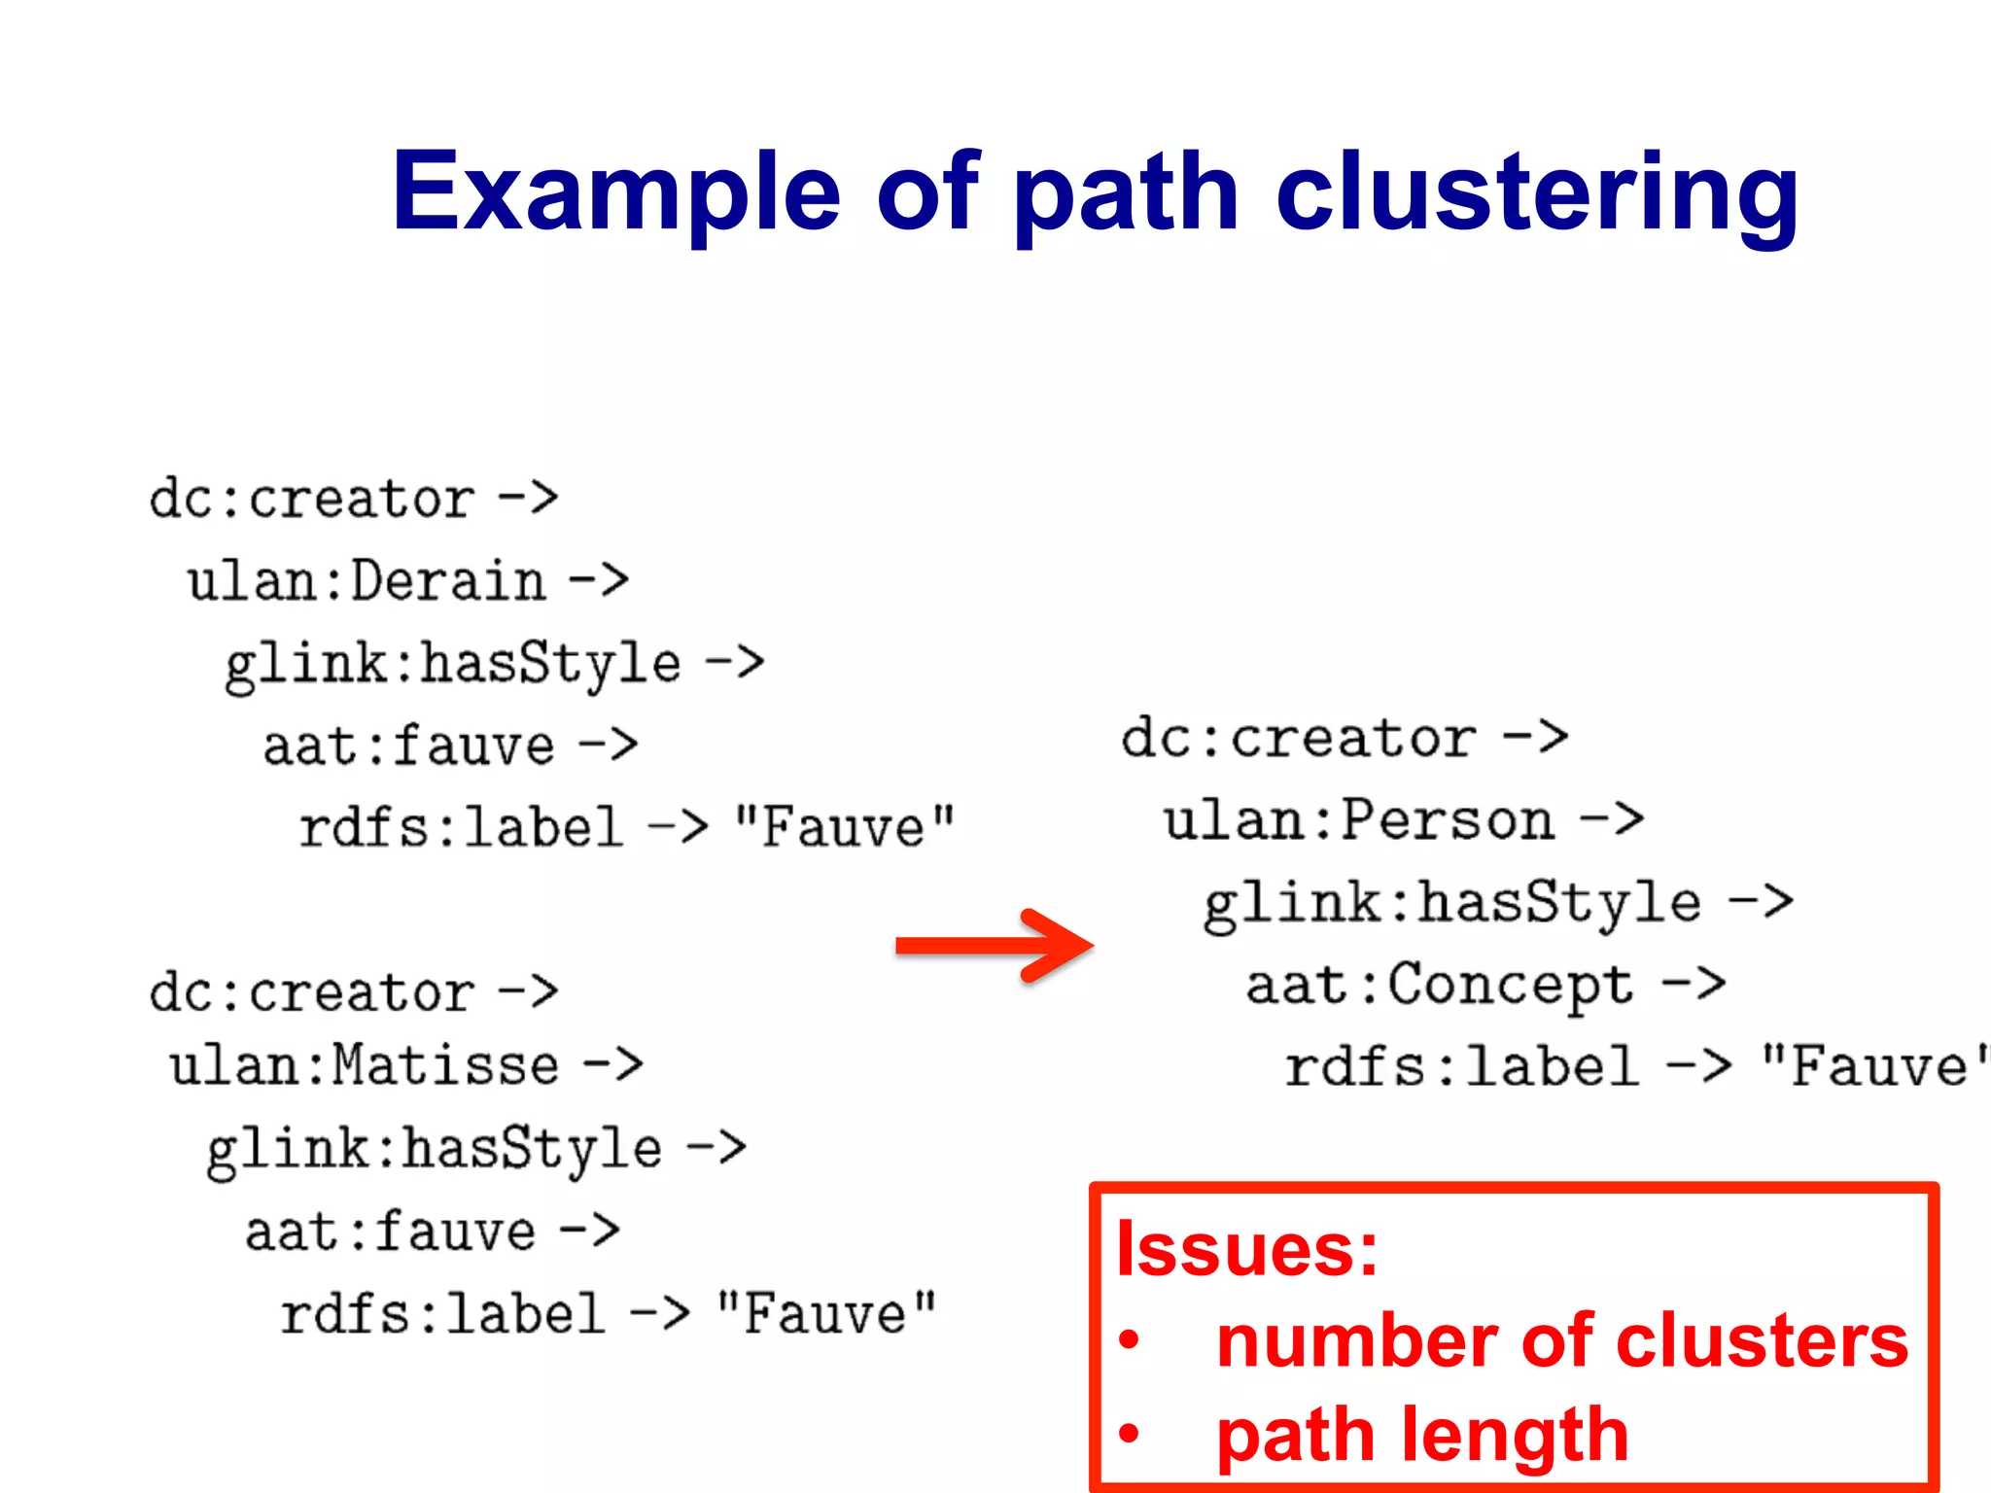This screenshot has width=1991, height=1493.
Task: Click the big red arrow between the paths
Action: [x=995, y=946]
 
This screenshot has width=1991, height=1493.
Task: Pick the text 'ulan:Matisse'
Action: [x=365, y=1065]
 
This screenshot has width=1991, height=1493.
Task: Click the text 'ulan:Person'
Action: [x=1358, y=820]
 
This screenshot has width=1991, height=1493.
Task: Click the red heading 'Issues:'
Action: [x=1247, y=1249]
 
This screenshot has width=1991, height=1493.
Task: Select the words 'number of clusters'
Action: [x=1562, y=1341]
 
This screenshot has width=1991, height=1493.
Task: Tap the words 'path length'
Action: [x=1422, y=1435]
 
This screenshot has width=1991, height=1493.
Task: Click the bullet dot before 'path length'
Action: [x=1129, y=1434]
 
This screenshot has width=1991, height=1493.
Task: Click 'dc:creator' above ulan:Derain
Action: [x=311, y=500]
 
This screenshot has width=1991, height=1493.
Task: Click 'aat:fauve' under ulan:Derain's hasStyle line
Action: [x=408, y=746]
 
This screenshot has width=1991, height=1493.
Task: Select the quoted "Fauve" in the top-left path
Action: [x=844, y=828]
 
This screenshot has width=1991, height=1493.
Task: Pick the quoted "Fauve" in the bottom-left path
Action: [x=825, y=1314]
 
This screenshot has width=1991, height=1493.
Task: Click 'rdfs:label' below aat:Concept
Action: [x=1461, y=1067]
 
